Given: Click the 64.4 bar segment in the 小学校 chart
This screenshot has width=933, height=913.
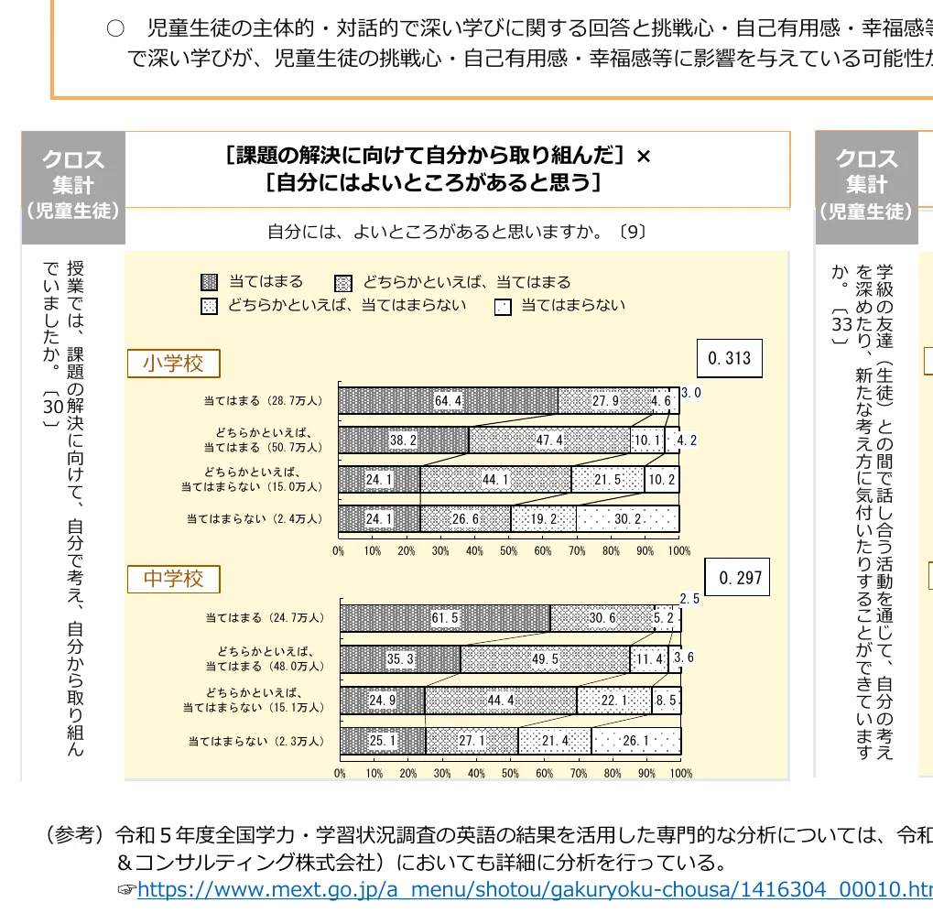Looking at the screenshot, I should tap(448, 401).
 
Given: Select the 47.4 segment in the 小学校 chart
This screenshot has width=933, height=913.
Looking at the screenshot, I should tap(549, 440).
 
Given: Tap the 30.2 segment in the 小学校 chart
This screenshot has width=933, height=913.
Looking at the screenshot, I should tap(627, 518).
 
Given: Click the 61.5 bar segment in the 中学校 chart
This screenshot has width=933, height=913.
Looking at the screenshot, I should tap(445, 618).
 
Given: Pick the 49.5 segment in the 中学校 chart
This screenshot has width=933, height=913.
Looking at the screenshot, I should tap(545, 658).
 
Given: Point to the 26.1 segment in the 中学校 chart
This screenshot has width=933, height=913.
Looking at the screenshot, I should tap(635, 741).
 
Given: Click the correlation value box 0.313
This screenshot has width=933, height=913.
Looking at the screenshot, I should tap(730, 358).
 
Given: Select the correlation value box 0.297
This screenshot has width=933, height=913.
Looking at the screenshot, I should tap(740, 578).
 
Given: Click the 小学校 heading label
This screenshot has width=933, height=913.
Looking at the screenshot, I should tap(173, 364).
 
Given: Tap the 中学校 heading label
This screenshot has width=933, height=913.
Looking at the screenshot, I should tap(173, 579).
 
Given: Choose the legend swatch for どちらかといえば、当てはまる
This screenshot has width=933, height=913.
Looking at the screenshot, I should tap(344, 282).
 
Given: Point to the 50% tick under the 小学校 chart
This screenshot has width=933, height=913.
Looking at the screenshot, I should tap(508, 550).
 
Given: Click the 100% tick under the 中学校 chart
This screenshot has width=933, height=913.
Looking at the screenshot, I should tap(681, 774).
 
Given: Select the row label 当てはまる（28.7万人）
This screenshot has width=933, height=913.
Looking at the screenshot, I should tap(264, 401).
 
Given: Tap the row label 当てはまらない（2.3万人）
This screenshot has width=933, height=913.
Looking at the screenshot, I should tap(256, 741).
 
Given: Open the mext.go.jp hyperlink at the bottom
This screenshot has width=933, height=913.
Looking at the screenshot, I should tap(535, 889).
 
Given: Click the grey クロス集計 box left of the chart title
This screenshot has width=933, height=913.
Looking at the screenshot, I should tap(73, 184).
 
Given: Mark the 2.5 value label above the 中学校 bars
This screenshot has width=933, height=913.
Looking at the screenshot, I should tap(689, 599).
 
